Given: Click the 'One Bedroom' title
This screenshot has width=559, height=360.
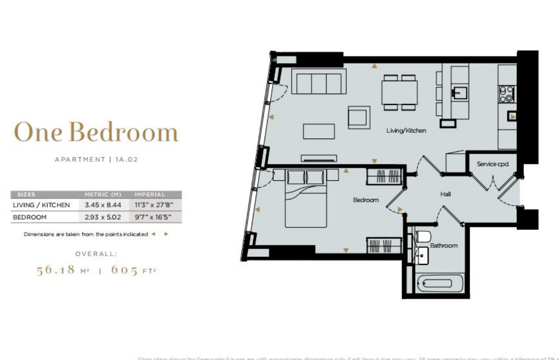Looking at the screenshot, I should (x=96, y=132).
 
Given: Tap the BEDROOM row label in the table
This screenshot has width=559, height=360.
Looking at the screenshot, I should (x=30, y=217).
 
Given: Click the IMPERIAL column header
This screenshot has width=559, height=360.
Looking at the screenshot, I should (x=150, y=194).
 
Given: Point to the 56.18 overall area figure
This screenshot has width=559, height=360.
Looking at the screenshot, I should (x=56, y=270).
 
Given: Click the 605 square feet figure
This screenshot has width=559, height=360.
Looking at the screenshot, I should (x=124, y=270).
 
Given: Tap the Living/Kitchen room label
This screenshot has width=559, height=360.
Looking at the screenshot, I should (x=406, y=131).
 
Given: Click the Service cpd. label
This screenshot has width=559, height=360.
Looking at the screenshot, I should (x=492, y=164).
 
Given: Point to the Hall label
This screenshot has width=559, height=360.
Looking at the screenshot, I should (x=445, y=194).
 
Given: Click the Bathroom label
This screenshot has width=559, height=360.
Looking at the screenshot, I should (x=444, y=245).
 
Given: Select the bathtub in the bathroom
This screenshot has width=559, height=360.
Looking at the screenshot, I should (x=438, y=283).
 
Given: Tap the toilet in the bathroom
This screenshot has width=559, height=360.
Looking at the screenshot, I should (x=422, y=237).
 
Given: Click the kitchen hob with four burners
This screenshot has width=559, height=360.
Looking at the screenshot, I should (x=507, y=94).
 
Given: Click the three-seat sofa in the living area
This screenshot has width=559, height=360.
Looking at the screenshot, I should (x=319, y=82).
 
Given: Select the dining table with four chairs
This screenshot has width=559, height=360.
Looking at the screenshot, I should (x=399, y=92).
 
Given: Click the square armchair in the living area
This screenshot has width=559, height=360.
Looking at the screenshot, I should (x=359, y=117).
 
